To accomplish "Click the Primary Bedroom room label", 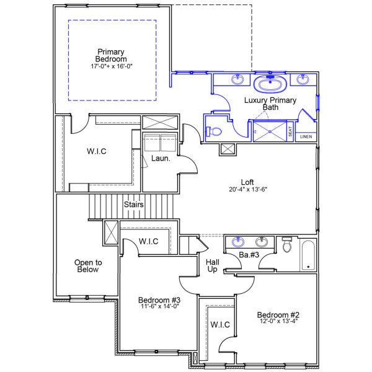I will (111, 56).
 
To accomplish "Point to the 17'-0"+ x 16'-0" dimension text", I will (111, 64).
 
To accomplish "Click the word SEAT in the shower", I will (290, 132).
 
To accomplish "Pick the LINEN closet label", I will (306, 136).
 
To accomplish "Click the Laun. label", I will (157, 159).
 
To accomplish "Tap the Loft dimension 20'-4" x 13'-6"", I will (247, 190).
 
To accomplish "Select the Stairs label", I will (134, 204).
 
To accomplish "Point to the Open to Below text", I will (88, 266).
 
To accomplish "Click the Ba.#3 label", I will (249, 255).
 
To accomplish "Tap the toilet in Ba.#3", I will (286, 247).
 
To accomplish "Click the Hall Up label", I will (212, 266).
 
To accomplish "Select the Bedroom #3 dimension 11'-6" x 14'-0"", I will (159, 306).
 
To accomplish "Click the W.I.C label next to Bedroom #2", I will (220, 324).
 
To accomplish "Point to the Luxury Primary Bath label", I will (270, 104).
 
